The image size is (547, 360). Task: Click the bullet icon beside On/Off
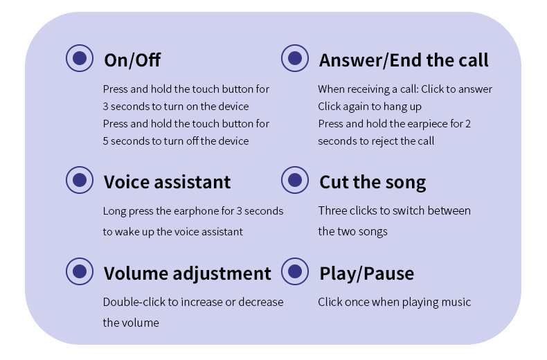pyautogui.click(x=80, y=58)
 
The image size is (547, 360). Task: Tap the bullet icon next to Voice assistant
pyautogui.click(x=80, y=180)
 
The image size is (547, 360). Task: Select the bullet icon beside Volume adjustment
pyautogui.click(x=80, y=271)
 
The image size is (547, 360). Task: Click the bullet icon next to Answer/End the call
pyautogui.click(x=295, y=58)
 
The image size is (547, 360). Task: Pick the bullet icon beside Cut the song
pyautogui.click(x=295, y=180)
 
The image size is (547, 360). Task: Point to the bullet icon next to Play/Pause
pyautogui.click(x=295, y=271)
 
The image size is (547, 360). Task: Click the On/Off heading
pyautogui.click(x=132, y=60)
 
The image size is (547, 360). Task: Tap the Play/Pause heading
pyautogui.click(x=367, y=273)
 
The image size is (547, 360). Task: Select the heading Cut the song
pyautogui.click(x=373, y=183)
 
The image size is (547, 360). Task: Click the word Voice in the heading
pyautogui.click(x=127, y=182)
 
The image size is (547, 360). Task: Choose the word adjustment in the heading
pyautogui.click(x=222, y=273)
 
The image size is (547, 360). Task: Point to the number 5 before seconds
pyautogui.click(x=105, y=141)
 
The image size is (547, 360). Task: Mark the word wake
pyautogui.click(x=127, y=232)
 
